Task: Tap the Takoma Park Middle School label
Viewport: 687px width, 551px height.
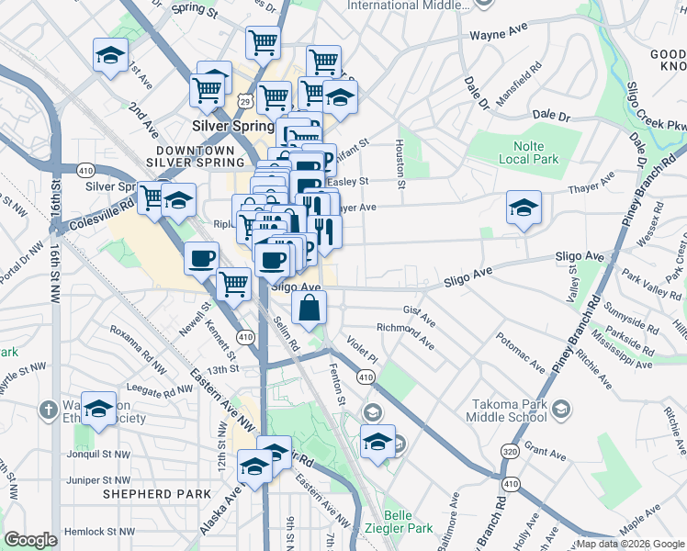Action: pos(510,410)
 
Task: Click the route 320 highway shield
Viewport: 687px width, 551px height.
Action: pos(510,451)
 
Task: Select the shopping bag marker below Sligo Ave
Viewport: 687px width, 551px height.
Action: pos(310,309)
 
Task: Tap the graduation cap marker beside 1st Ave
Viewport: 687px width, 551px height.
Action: pos(110,55)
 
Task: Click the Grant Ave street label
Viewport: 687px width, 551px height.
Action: pos(546,453)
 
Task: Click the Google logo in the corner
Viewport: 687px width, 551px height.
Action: pos(30,539)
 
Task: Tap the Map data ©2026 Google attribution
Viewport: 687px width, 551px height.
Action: pos(630,544)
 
